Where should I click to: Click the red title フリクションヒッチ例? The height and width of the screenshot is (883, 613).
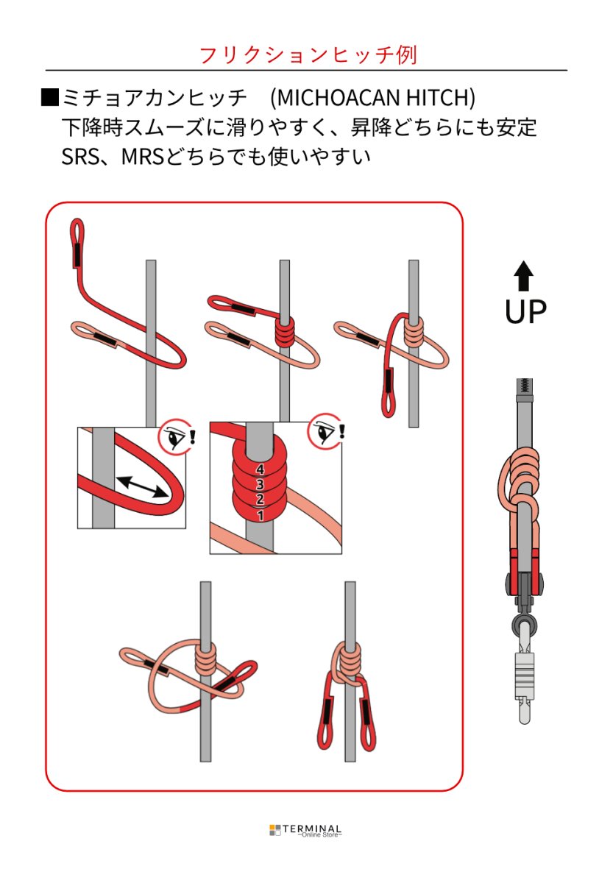pos(308,55)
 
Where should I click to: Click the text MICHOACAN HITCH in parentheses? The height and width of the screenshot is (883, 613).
pos(372,97)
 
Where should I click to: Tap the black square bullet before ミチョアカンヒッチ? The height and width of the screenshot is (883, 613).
pos(49,97)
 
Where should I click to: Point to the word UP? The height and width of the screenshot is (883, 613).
pos(525,311)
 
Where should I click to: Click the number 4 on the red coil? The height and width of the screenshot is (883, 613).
pos(260,469)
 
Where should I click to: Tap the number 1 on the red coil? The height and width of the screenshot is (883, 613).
pos(260,517)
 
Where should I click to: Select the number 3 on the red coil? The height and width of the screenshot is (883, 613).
pos(260,484)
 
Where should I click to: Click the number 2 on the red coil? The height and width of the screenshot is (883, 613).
pos(260,500)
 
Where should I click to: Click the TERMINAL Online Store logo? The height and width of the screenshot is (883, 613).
pos(306,830)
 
